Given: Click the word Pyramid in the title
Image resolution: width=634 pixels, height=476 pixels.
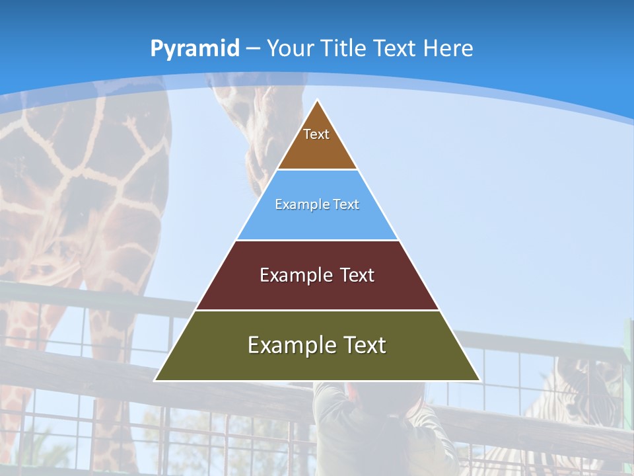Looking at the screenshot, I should point(194,49).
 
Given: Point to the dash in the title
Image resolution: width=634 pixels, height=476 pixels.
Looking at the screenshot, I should point(253,49).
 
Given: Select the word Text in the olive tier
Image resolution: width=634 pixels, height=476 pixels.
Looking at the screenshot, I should point(361,345).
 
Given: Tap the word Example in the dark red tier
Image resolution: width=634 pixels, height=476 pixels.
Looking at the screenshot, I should point(289,275).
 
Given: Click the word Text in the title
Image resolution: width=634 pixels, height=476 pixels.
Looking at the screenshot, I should point(396,48).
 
